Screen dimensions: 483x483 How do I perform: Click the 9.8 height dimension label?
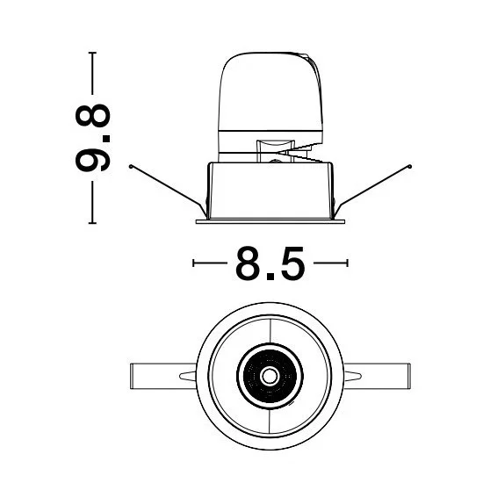[93, 138]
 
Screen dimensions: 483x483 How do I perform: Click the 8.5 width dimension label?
[270, 263]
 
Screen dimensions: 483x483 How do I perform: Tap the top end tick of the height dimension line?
[92, 53]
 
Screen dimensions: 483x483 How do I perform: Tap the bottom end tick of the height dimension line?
[92, 223]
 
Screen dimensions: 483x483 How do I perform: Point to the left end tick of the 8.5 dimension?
[193, 263]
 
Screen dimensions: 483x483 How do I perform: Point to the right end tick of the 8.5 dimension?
[347, 263]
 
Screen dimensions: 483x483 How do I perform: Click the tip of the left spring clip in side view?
[131, 167]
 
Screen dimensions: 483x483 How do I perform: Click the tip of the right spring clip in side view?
[410, 167]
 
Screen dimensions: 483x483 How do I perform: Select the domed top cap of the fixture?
[270, 91]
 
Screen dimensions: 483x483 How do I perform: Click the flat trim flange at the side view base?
[270, 221]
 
